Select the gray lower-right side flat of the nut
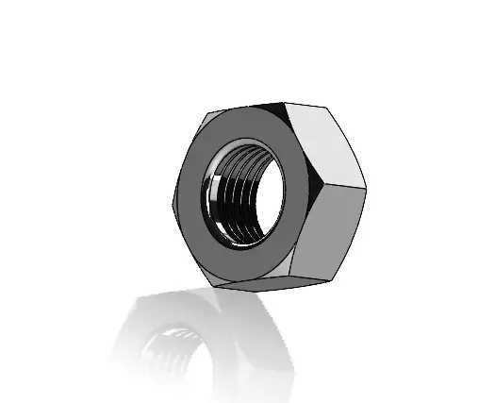coord(330,231)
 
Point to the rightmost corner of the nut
coord(366,185)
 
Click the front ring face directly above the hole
coord(242,132)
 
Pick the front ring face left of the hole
coord(190,198)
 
